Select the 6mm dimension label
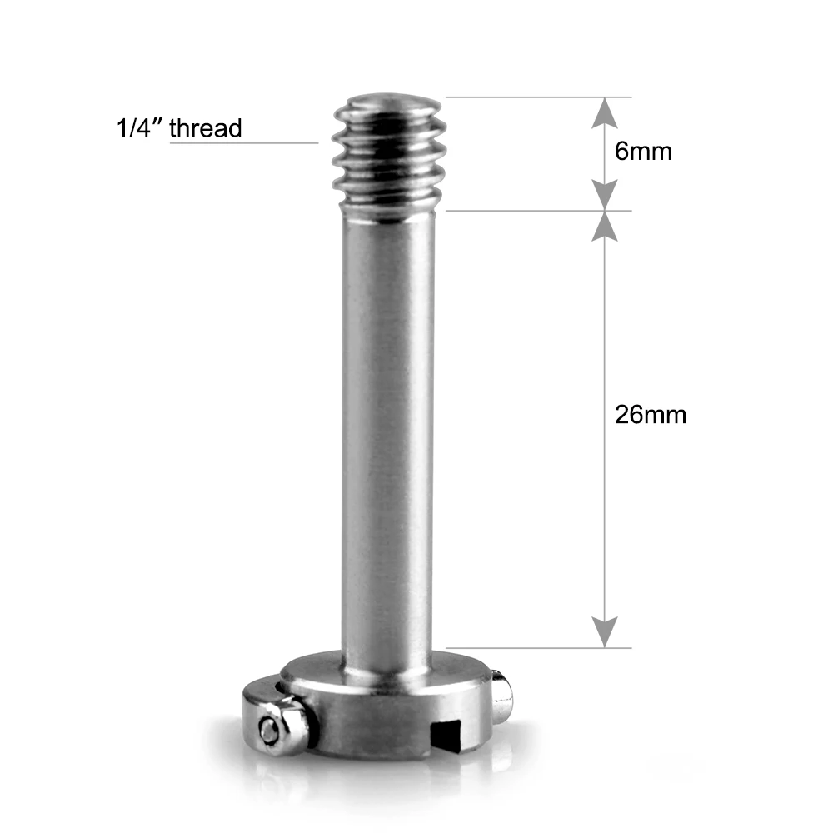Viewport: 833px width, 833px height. (642, 152)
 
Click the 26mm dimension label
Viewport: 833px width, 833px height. (651, 415)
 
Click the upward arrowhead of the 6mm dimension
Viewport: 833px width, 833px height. (606, 112)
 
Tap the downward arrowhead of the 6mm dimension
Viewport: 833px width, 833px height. (606, 195)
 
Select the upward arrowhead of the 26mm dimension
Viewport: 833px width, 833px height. (606, 227)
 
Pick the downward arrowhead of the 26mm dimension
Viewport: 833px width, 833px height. (606, 631)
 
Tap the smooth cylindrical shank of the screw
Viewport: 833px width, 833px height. (388, 433)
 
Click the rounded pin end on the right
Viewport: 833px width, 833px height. (501, 697)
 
